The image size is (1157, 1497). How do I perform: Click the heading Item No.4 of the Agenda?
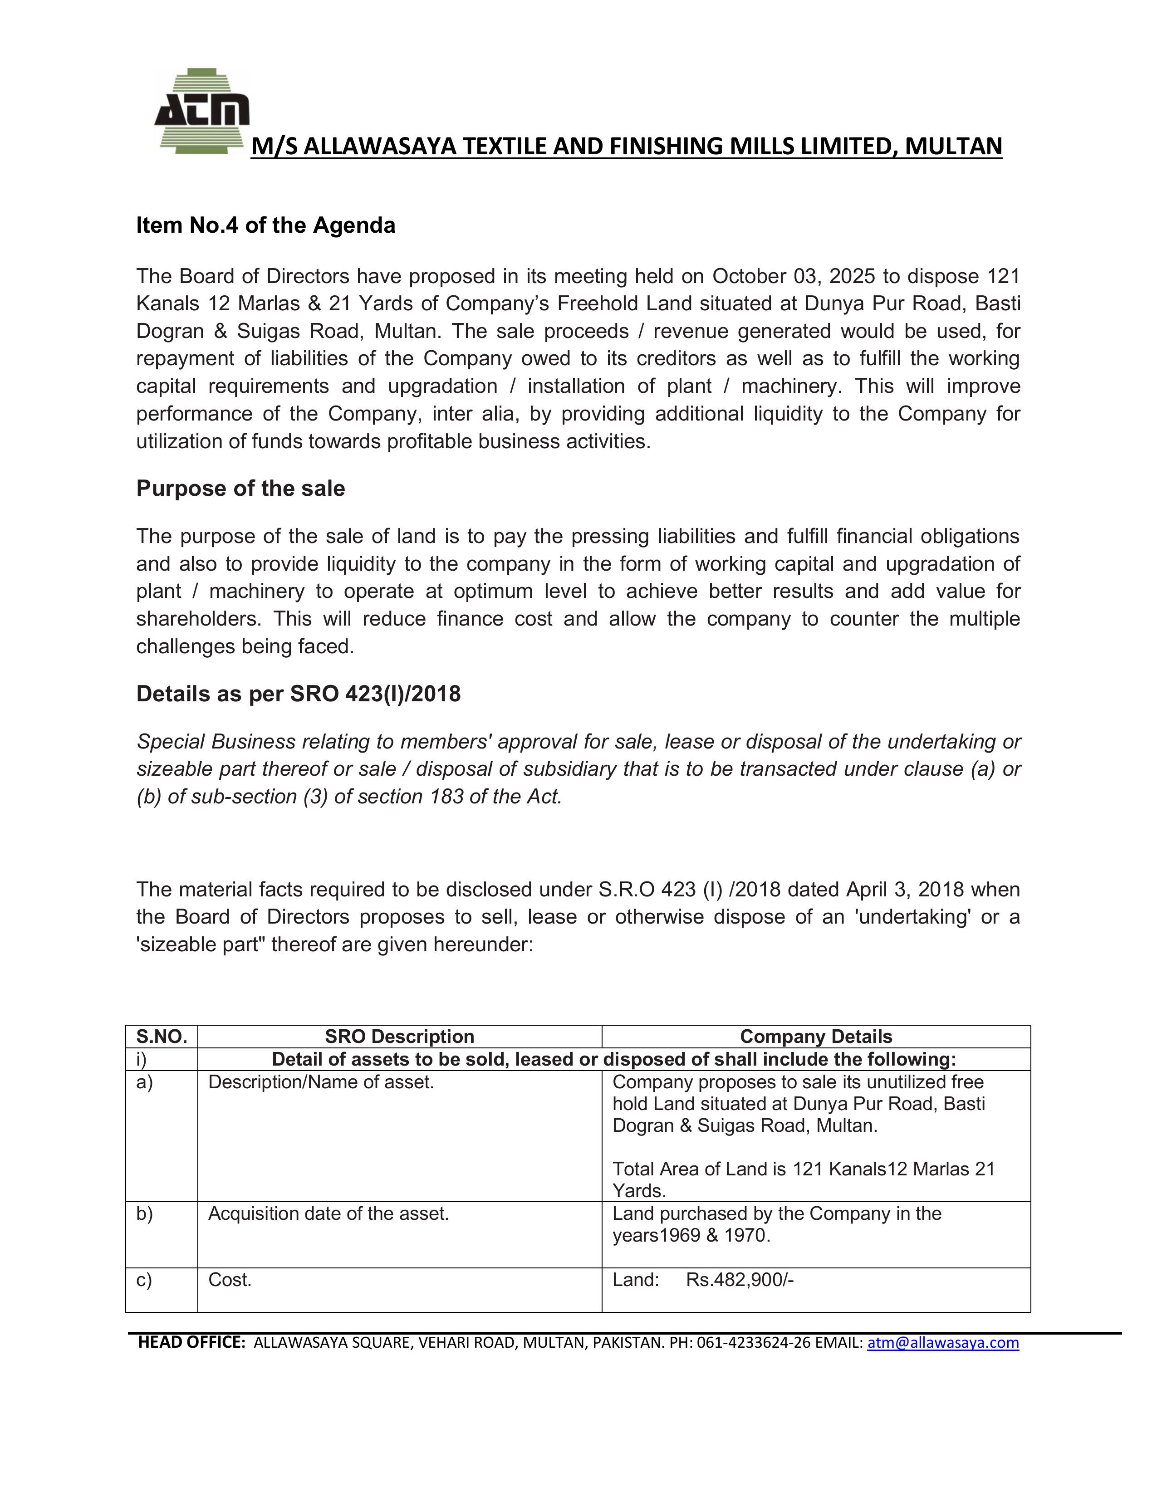(265, 225)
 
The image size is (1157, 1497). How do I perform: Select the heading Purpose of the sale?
(240, 488)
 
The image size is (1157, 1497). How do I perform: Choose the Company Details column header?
(816, 1037)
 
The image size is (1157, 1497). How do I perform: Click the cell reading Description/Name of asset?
(321, 1082)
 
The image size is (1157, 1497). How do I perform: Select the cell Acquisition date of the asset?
(328, 1214)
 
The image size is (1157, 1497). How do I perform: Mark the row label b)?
(144, 1214)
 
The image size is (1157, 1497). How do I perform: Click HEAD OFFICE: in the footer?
(191, 1343)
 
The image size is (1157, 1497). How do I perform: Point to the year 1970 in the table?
(746, 1236)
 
